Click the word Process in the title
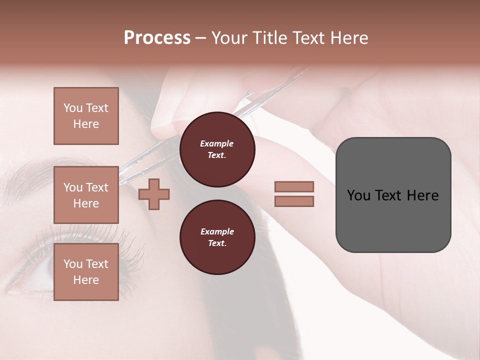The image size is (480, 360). [157, 38]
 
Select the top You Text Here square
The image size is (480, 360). [86, 116]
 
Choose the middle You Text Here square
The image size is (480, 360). [86, 195]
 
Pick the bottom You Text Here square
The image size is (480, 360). [86, 271]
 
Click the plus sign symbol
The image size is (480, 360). [154, 194]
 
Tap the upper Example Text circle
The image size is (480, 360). [217, 149]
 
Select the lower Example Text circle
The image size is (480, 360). [217, 237]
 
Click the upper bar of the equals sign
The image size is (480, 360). [294, 187]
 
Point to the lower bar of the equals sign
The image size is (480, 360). [294, 201]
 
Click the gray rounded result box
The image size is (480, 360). [393, 195]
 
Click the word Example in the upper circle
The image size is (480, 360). [217, 143]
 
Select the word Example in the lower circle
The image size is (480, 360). [217, 231]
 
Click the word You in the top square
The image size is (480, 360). [73, 108]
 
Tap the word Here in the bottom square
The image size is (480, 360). [86, 280]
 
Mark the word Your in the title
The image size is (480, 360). [228, 38]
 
